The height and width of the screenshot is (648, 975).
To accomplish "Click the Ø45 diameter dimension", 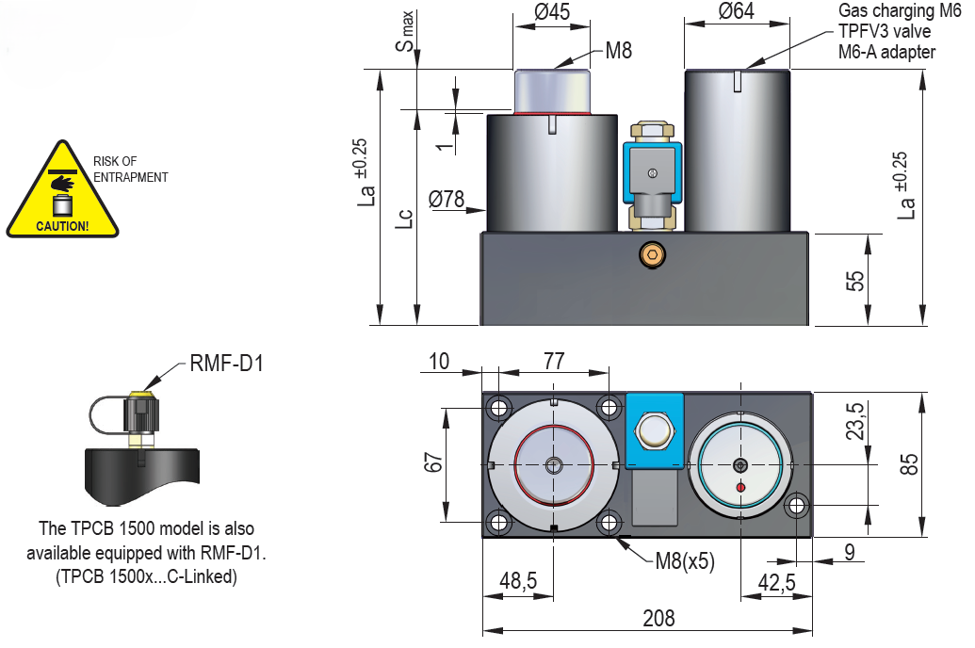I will tap(552, 13).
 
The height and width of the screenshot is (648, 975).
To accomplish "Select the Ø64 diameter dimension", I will tap(738, 13).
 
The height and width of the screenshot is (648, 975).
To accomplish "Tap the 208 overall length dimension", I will tap(658, 618).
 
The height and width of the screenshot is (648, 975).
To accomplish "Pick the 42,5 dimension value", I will tap(776, 582).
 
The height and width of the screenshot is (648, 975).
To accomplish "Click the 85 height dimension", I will tap(908, 465).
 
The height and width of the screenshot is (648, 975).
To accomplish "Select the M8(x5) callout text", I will tap(685, 562).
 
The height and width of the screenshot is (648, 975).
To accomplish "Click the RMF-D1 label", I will tap(226, 362).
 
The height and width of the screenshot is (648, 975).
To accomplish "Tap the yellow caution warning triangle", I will tap(62, 193).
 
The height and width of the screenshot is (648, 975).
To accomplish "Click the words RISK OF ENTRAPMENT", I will tap(130, 170).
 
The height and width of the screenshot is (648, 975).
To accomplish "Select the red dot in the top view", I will tap(740, 486).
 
